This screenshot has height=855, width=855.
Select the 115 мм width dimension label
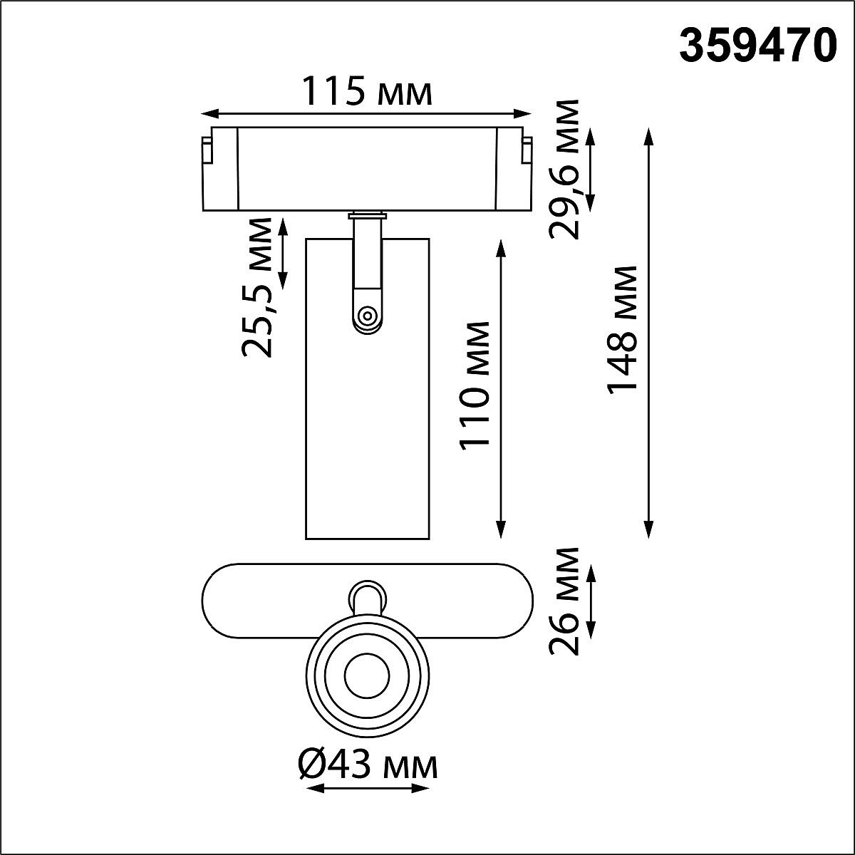click(367, 93)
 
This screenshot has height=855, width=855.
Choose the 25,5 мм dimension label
click(256, 289)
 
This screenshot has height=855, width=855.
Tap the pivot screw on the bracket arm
click(368, 314)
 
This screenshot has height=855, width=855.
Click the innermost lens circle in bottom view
click(367, 678)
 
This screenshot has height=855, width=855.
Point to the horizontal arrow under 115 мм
click(367, 113)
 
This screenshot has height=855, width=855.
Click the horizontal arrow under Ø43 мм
click(367, 789)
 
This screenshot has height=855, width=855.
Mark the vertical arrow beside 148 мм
click(648, 333)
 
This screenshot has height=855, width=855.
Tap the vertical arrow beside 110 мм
click(502, 388)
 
